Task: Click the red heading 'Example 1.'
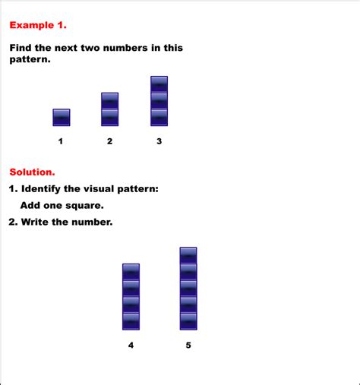pos(38,25)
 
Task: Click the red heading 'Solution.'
pos(32,172)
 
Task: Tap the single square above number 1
pos(62,117)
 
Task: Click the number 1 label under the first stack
pos(61,141)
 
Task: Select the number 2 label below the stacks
pos(110,141)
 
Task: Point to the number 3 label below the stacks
pos(159,141)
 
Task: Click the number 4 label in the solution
pos(131,346)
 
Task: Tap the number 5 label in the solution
pos(188,346)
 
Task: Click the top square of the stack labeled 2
pos(110,101)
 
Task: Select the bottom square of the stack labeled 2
pos(110,117)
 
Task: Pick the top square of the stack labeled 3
pos(159,84)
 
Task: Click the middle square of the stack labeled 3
pos(159,100)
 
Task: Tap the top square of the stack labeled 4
pos(131,272)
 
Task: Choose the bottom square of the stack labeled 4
pos(131,321)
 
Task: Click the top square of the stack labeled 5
pos(188,255)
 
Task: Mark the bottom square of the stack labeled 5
pos(188,321)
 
